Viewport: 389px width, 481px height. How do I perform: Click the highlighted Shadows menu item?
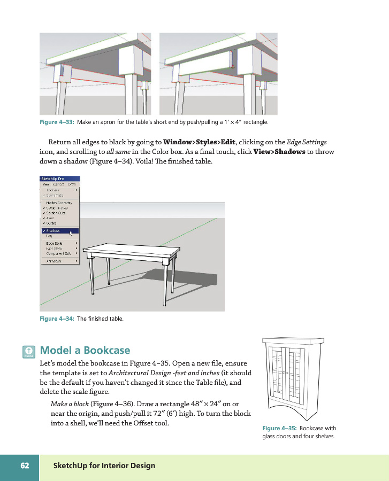pyautogui.click(x=54, y=231)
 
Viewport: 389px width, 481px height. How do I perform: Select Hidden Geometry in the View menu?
pyautogui.click(x=59, y=203)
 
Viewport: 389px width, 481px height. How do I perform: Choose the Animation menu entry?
pyautogui.click(x=54, y=261)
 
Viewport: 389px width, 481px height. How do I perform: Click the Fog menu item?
pyautogui.click(x=50, y=236)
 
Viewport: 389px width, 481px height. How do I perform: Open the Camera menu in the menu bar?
pyautogui.click(x=58, y=184)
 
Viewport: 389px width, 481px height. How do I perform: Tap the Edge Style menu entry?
pyautogui.click(x=55, y=244)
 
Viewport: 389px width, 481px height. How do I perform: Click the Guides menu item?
pyautogui.click(x=52, y=223)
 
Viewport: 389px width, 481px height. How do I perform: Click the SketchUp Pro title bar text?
pyautogui.click(x=53, y=179)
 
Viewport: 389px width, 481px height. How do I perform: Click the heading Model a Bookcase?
pyautogui.click(x=85, y=351)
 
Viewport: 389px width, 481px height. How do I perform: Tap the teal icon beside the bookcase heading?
pyautogui.click(x=29, y=351)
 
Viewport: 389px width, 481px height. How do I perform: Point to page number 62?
pyautogui.click(x=25, y=466)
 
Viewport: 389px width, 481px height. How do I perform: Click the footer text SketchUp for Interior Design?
pyautogui.click(x=104, y=466)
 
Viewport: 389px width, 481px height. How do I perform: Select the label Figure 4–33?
pyautogui.click(x=57, y=122)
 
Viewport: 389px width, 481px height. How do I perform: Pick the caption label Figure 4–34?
pyautogui.click(x=57, y=319)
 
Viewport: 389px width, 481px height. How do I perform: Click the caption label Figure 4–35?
pyautogui.click(x=279, y=428)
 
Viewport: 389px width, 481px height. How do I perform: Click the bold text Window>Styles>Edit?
pyautogui.click(x=199, y=142)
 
